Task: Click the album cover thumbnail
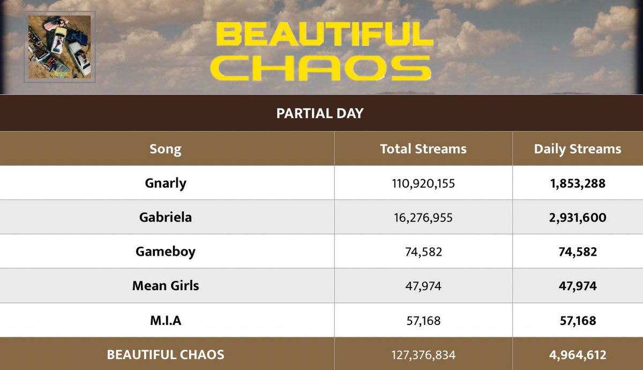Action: [59, 47]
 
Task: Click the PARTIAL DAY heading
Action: [320, 113]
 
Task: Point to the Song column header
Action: [165, 149]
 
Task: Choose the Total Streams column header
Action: [423, 149]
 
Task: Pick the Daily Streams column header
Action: [577, 149]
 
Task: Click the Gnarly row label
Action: [165, 183]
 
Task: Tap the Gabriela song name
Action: [165, 217]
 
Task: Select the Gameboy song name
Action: [165, 251]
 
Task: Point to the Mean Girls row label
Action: [165, 286]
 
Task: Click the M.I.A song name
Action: [165, 320]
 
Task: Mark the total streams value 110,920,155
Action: [423, 183]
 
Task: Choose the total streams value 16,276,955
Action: [423, 218]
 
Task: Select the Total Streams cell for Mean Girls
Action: [423, 286]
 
